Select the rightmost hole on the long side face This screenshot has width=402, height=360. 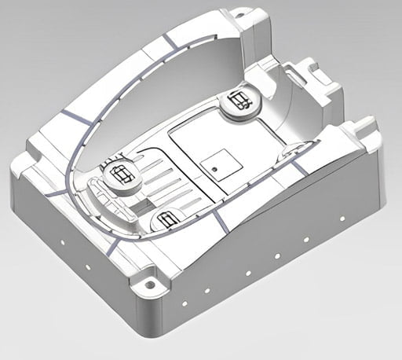click(342, 218)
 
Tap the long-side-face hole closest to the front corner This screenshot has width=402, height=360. click(183, 300)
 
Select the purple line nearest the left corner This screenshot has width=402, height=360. click(55, 191)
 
